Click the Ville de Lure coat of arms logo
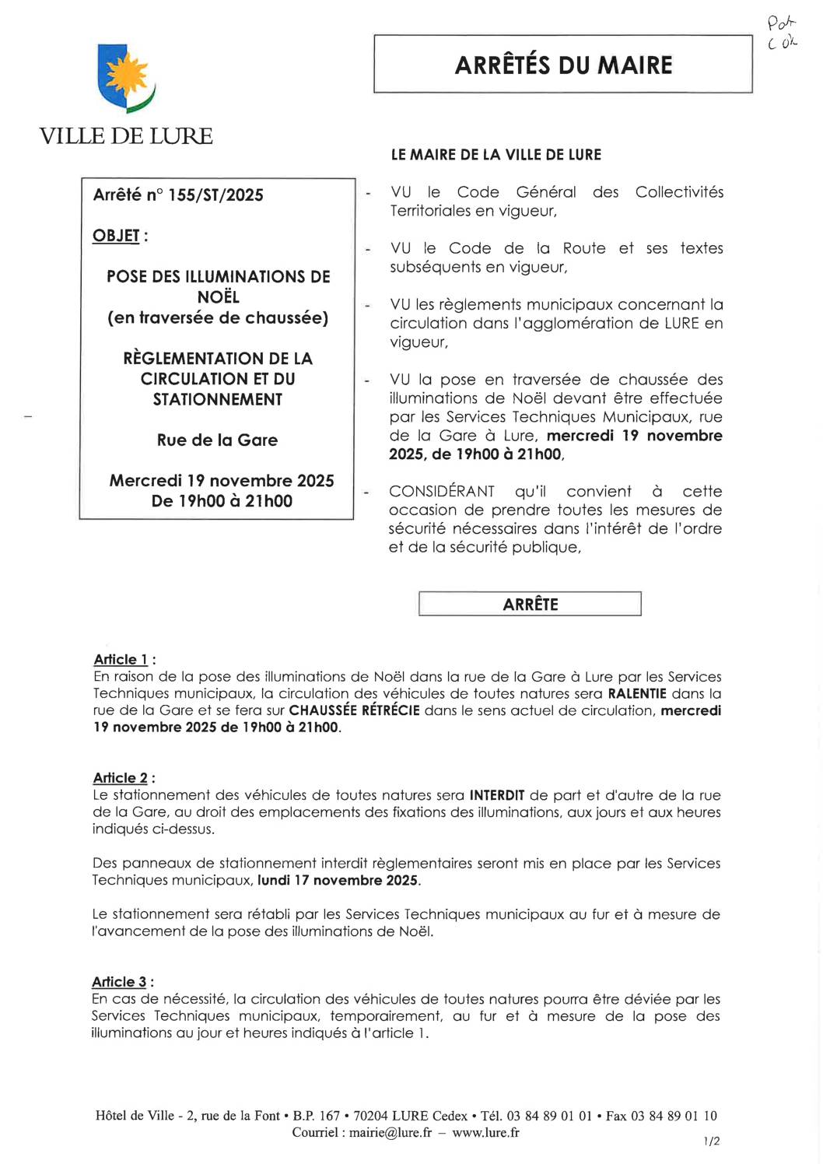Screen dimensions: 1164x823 tap(126, 79)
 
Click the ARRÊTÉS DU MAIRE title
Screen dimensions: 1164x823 tap(563, 65)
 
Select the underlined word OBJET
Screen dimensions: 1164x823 tap(117, 236)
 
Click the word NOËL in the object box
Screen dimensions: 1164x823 tap(218, 297)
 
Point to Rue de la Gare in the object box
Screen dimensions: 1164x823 tap(217, 440)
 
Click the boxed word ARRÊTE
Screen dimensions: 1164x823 tap(531, 605)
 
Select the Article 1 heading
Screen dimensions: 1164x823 tap(121, 660)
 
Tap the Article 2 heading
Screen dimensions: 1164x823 tap(121, 778)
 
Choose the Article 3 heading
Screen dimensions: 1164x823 tap(120, 982)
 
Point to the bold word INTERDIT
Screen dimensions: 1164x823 tap(497, 795)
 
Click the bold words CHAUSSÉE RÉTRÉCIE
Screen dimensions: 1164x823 tap(354, 711)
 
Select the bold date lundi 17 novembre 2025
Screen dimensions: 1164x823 tap(338, 881)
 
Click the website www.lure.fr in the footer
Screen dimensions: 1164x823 tap(485, 1133)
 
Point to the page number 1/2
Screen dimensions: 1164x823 tap(712, 1141)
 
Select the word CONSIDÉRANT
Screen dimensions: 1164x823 tap(442, 492)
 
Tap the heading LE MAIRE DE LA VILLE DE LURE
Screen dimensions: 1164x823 tap(496, 155)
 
